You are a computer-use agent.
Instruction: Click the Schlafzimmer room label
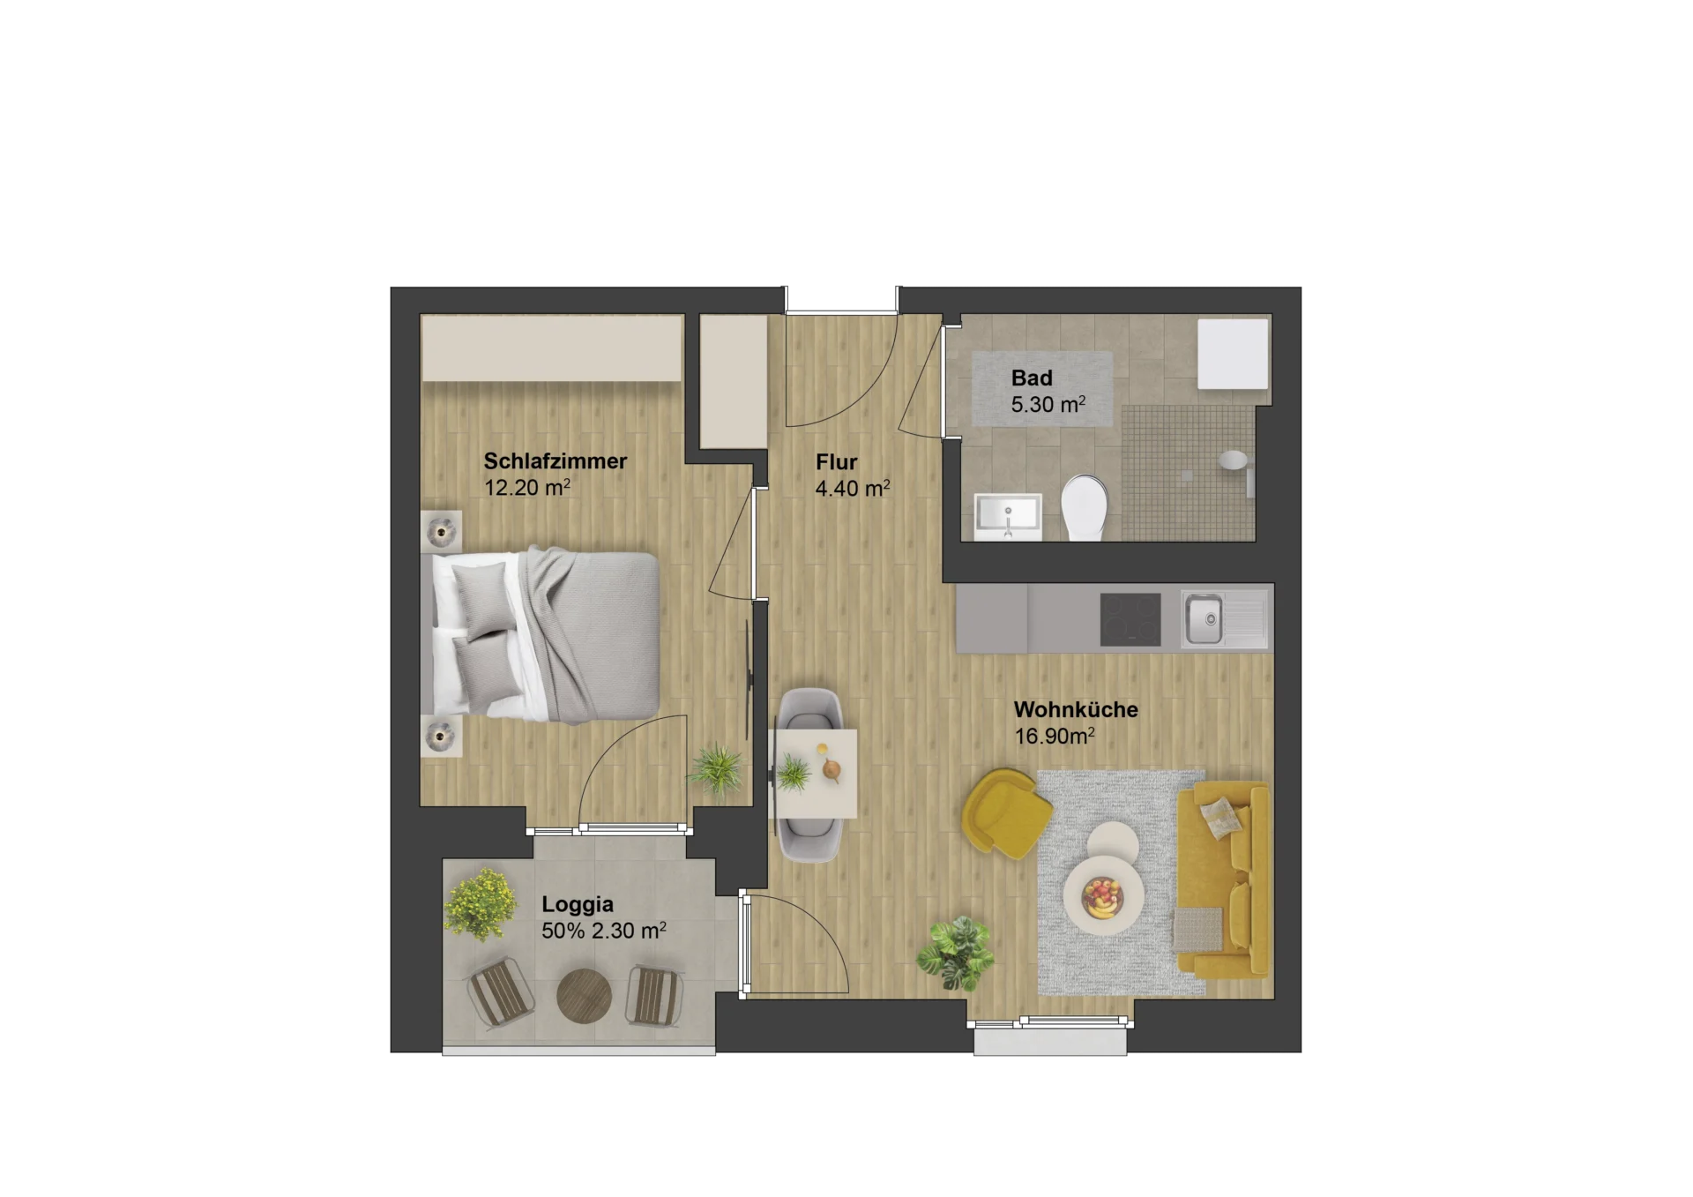coord(555,460)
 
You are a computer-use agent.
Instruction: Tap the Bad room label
coord(1032,378)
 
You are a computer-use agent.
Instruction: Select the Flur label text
coord(836,461)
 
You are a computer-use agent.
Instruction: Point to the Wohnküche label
coord(1076,709)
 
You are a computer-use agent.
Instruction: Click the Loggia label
coord(578,904)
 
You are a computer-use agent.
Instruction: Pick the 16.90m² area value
coord(1055,736)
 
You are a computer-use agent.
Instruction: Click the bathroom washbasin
coord(1008,516)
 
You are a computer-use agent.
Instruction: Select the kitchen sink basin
coord(1204,619)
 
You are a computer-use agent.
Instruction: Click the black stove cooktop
coord(1130,619)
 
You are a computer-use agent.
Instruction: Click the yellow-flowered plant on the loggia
coord(481,904)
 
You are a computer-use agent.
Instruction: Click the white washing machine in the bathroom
coord(1233,353)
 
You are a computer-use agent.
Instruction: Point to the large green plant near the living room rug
coord(956,953)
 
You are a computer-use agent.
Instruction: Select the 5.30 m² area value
coord(1048,405)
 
